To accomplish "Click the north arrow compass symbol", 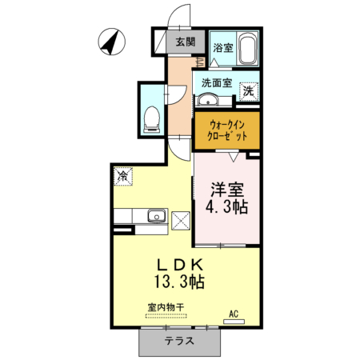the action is pos(112,42).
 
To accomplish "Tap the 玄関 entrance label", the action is pos(186,42).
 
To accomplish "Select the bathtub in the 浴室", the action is pos(247,48).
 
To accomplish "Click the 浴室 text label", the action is pos(223,48).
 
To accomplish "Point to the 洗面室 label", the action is pos(217,83).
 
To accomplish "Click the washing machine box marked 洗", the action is pos(249,92).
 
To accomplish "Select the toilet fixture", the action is pos(152,119).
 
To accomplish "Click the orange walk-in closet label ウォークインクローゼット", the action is pos(227,130).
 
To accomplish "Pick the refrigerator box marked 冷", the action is pos(123,176).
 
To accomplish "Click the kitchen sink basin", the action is pos(157,215).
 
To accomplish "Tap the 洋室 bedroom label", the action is pos(227,190).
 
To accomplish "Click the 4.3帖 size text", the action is pos(227,206).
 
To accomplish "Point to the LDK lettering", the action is pos(180,265).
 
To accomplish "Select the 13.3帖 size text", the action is pos(179,282).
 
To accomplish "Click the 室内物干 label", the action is pos(166,307).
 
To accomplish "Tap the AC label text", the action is pos(234,314).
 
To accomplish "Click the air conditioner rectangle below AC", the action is pos(234,322).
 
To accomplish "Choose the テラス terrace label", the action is pos(179,341).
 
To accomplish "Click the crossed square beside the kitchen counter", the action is pos(181,221).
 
